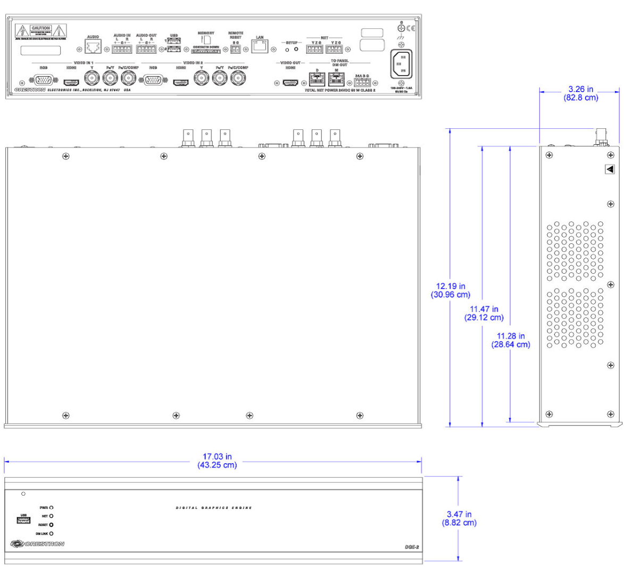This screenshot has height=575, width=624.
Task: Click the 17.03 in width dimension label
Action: point(217,461)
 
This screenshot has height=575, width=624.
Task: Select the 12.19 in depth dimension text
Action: point(450,290)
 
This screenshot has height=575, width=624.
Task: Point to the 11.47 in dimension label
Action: point(484,313)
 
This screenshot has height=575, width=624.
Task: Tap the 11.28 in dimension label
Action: point(511,340)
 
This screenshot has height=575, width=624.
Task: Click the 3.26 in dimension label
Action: point(580,93)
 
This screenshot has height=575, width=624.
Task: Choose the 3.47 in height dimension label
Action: point(459,518)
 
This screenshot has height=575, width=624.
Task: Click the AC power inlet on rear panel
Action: point(401,65)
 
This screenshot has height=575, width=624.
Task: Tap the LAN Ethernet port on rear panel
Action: point(260,47)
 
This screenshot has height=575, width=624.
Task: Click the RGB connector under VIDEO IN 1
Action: point(44,80)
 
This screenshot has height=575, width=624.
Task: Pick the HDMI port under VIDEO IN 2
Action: point(181,83)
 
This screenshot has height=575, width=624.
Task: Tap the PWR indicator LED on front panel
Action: point(52,508)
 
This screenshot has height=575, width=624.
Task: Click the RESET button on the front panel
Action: point(52,525)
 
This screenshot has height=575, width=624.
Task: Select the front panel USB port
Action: point(23,520)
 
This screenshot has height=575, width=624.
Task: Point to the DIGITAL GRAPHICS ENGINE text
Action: point(214,508)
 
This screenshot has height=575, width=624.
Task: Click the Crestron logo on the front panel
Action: point(37,544)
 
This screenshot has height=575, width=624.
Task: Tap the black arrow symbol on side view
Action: point(610,169)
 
